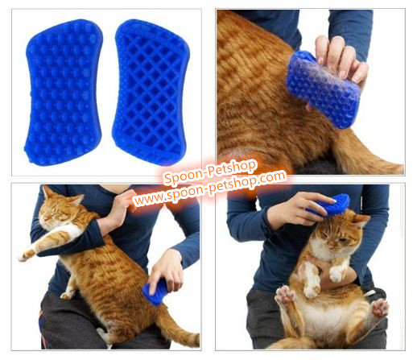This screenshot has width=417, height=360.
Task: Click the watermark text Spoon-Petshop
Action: pos(210,172)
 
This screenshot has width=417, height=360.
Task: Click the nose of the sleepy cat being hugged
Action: pos(45,219)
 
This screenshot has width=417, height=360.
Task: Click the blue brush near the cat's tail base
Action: pos(155,292)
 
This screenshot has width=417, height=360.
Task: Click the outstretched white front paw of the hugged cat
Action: pos(26,255)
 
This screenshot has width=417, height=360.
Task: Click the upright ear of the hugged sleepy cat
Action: pos(47,192)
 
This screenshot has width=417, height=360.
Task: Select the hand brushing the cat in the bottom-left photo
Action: pos(167,271)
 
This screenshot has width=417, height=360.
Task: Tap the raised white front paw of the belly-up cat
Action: pos(336,275)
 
